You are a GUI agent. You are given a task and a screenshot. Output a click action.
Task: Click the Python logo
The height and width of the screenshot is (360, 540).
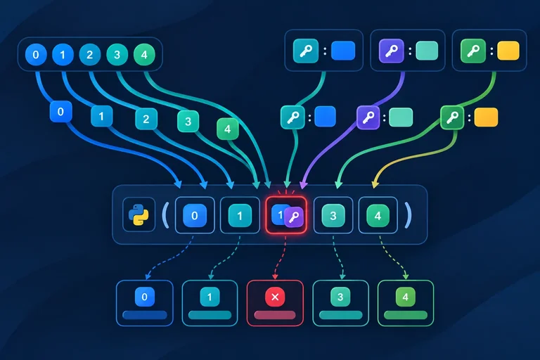pyautogui.click(x=139, y=215)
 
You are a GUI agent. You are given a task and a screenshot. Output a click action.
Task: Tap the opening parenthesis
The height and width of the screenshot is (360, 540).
pyautogui.click(x=166, y=215)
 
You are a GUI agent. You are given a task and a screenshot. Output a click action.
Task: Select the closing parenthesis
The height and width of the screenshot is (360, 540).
pyautogui.click(x=408, y=215)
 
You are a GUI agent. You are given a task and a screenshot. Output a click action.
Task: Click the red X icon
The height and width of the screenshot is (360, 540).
pyautogui.click(x=275, y=297)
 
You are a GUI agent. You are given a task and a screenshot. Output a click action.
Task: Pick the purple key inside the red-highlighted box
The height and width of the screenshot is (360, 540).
pyautogui.click(x=294, y=217)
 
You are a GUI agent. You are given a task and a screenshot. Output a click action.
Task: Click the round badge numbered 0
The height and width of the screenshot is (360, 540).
pyautogui.click(x=36, y=54)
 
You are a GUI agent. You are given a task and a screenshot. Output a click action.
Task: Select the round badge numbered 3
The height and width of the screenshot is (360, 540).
pyautogui.click(x=117, y=54)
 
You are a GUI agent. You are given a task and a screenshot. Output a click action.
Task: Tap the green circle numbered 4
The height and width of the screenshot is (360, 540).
pyautogui.click(x=144, y=54)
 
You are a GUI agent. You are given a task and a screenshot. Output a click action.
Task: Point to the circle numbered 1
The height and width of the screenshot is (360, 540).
pyautogui.click(x=63, y=54)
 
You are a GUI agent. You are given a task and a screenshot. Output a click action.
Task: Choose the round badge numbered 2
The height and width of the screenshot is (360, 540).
pyautogui.click(x=90, y=54)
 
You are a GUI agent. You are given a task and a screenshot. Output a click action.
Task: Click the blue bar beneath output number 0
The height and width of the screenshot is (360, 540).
pyautogui.click(x=145, y=315)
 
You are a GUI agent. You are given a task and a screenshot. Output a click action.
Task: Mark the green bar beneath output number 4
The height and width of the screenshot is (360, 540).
pyautogui.click(x=406, y=315)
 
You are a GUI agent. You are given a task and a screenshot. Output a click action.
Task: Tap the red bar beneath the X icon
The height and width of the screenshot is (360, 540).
pyautogui.click(x=275, y=315)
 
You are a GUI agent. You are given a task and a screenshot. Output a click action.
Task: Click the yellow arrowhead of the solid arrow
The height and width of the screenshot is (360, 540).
pyautogui.click(x=375, y=184)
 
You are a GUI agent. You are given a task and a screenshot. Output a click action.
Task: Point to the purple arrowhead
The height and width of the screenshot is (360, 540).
pyautogui.click(x=303, y=185)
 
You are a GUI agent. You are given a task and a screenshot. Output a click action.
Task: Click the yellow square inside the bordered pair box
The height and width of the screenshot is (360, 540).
pyautogui.click(x=508, y=51)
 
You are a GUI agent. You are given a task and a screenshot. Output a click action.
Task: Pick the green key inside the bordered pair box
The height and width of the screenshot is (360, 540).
pyautogui.click(x=473, y=51)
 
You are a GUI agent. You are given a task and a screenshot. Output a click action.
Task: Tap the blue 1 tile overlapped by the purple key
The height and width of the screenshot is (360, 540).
pyautogui.click(x=280, y=214)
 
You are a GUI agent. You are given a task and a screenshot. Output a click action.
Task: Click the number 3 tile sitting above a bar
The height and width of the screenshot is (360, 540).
pyautogui.click(x=340, y=297)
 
